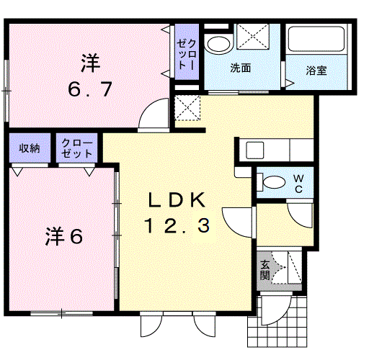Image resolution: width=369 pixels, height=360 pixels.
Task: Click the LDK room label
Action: click(x=177, y=200)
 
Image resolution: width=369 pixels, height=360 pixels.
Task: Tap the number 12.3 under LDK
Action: click(x=177, y=225)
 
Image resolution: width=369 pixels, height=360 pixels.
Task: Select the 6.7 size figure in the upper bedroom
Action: click(x=90, y=89)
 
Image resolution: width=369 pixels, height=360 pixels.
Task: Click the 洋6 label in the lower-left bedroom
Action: click(x=64, y=236)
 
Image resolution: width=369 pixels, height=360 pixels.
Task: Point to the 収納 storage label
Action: click(x=30, y=148)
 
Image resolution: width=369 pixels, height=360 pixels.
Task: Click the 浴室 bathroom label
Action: click(x=316, y=71)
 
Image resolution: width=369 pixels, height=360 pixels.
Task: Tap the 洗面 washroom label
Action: click(x=241, y=68)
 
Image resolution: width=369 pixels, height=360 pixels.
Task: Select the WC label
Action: click(x=298, y=184)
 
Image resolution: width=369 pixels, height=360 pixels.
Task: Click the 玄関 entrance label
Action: click(x=265, y=270)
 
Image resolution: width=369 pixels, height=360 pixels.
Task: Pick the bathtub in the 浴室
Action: click(x=316, y=39)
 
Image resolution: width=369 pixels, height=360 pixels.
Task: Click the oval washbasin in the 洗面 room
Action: click(x=218, y=45)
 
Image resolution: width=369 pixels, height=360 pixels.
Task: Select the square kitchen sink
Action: click(x=255, y=150)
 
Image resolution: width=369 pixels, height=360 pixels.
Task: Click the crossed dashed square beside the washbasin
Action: click(x=253, y=36)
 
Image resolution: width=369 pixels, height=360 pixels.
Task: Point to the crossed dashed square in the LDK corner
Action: click(x=187, y=108)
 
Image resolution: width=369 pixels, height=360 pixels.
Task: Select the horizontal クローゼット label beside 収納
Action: click(x=77, y=148)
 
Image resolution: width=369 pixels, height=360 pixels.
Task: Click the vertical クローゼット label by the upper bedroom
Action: click(x=187, y=55)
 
